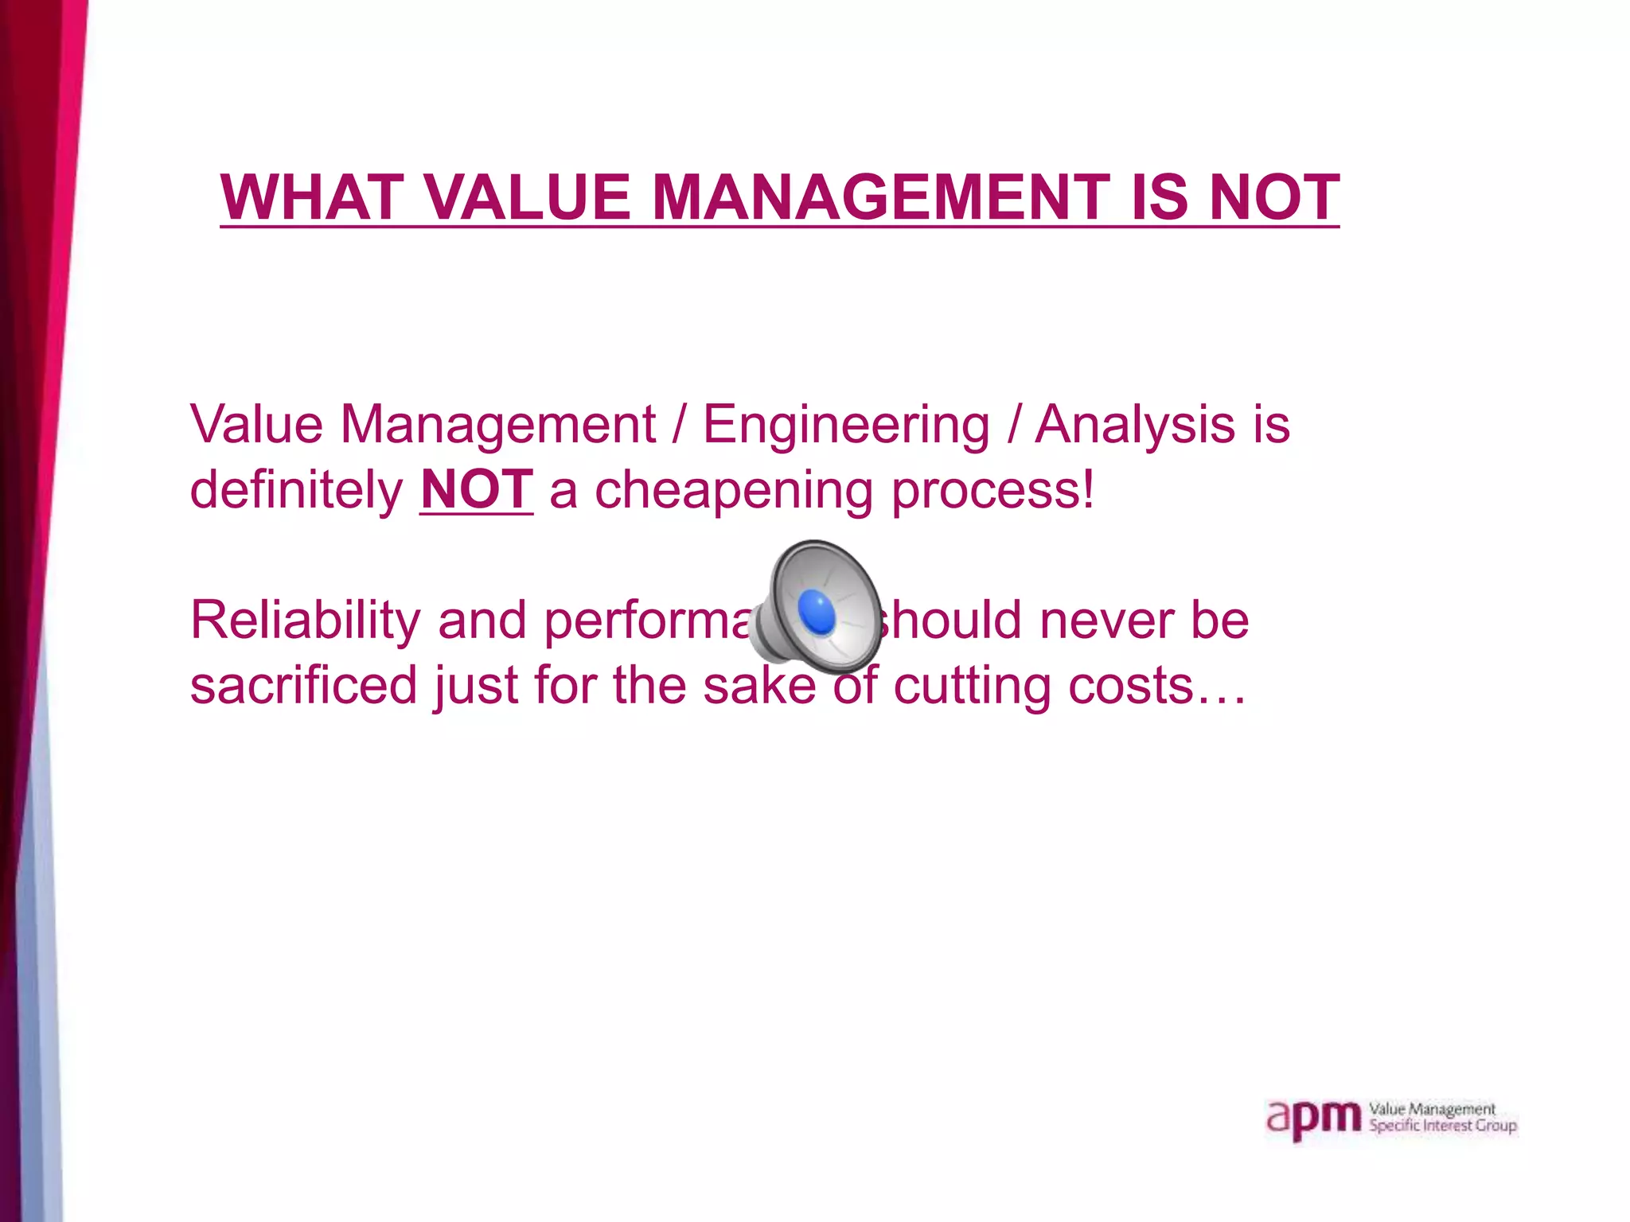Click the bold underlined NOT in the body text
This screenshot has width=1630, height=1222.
pos(476,489)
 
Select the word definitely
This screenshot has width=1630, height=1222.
pos(296,489)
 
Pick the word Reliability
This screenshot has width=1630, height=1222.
pos(305,621)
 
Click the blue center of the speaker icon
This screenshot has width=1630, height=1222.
pos(817,613)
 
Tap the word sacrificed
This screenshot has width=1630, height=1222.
pos(303,685)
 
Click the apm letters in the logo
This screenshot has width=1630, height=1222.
pos(1314,1119)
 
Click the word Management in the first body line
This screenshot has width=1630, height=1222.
pos(498,426)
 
